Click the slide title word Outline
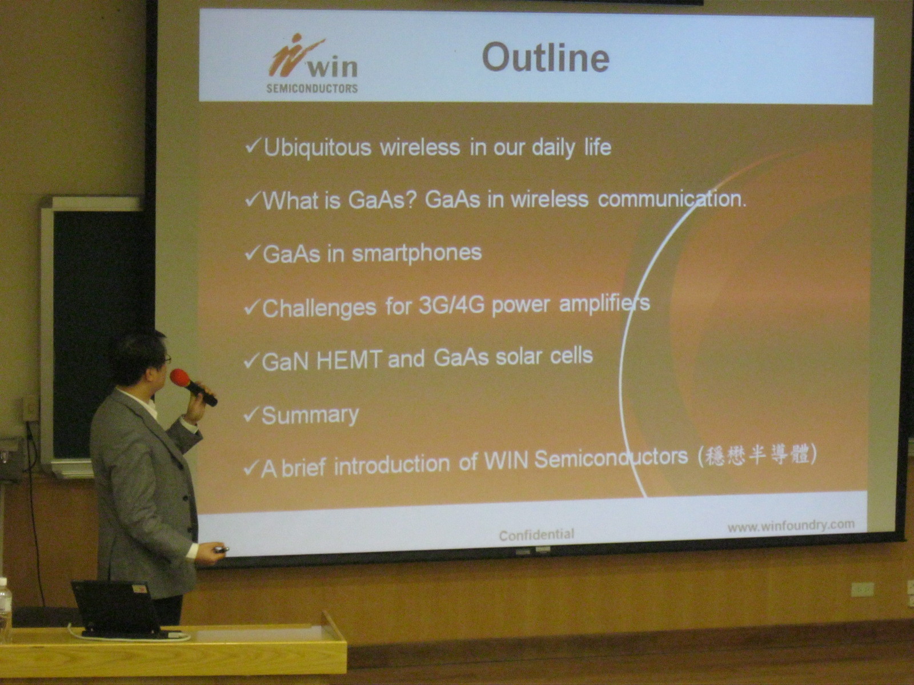point(546,58)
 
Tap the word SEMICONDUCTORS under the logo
point(312,88)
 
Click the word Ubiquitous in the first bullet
point(317,148)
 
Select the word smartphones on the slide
point(417,253)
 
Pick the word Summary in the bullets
point(310,415)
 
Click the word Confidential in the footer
point(536,535)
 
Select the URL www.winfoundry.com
point(791,526)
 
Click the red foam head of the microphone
point(180,378)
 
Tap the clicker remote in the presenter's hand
point(221,550)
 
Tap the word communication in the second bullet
point(671,199)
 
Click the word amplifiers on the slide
point(604,304)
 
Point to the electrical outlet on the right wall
point(862,589)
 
